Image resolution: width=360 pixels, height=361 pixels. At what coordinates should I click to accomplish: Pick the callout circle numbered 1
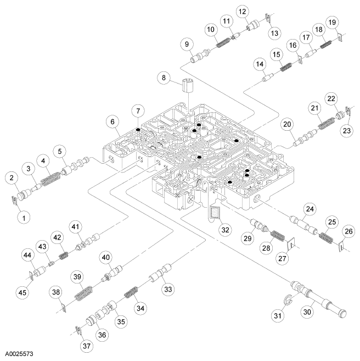pyautogui.click(x=22, y=217)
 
